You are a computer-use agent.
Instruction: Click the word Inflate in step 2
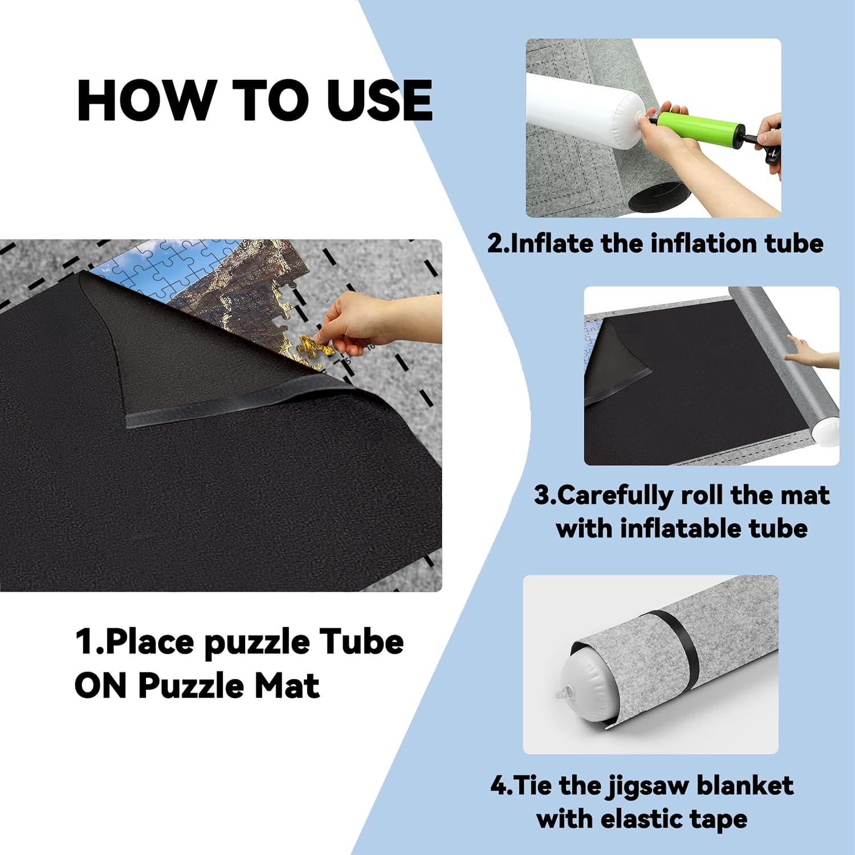click(x=551, y=243)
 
